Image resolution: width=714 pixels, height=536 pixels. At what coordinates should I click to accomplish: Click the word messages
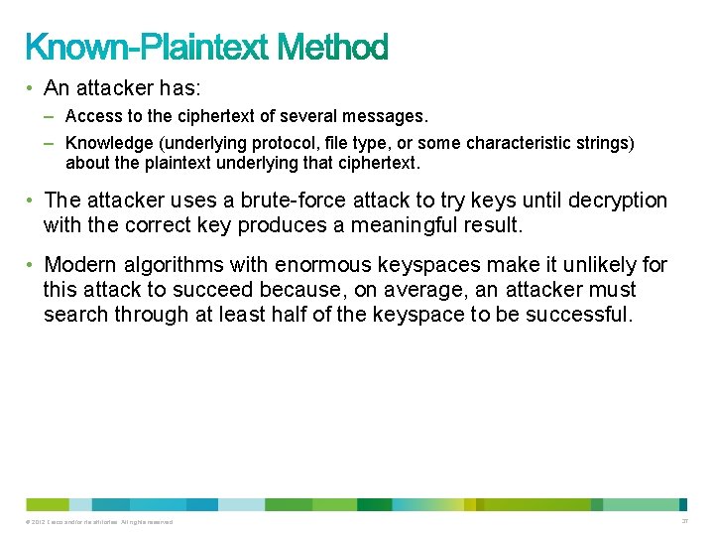pyautogui.click(x=391, y=117)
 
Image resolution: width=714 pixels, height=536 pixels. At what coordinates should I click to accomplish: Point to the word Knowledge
pyautogui.click(x=105, y=143)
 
